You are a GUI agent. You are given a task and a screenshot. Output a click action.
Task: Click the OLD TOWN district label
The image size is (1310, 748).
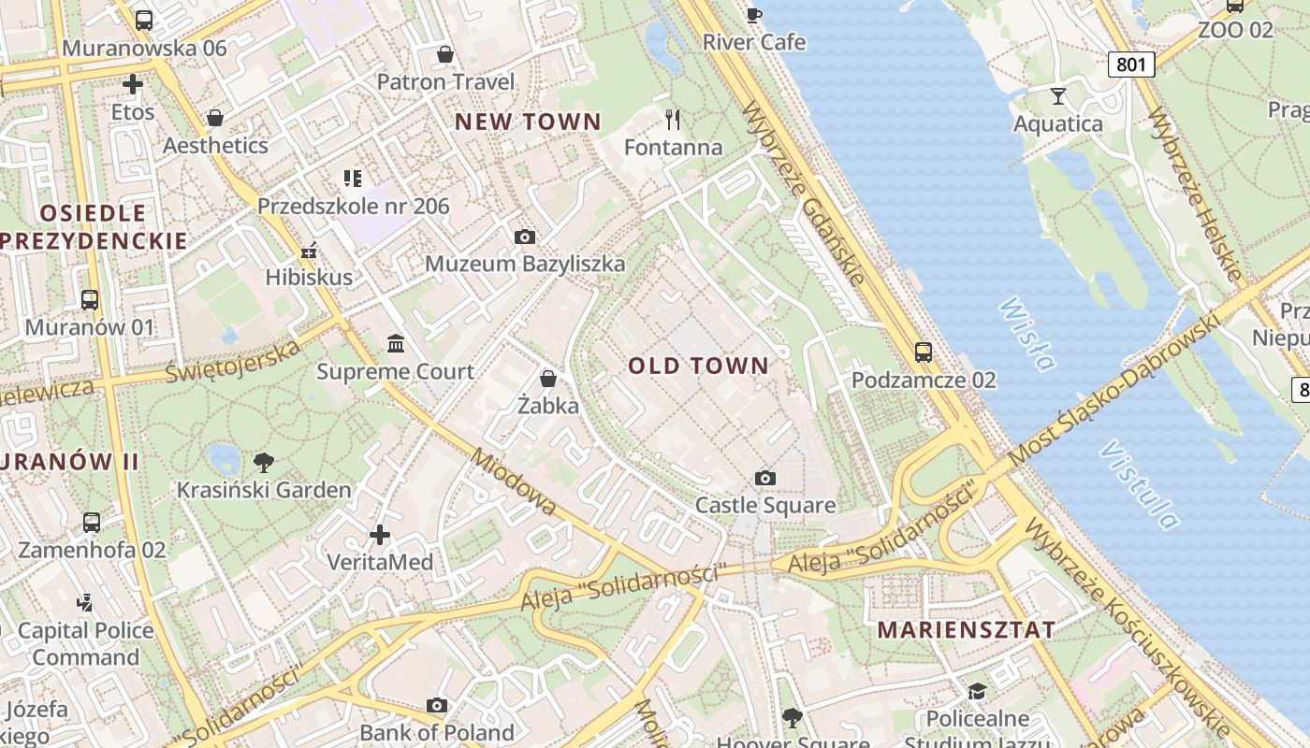coord(698,366)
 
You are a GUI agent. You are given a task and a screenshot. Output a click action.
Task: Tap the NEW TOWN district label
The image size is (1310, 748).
coord(528,122)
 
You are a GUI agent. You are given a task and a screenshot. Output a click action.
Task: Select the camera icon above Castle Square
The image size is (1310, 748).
coord(765,479)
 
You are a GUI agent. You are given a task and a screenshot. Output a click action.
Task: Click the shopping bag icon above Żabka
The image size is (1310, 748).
coord(548,379)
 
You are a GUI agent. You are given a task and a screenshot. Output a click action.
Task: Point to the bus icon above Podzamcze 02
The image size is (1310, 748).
coord(924,352)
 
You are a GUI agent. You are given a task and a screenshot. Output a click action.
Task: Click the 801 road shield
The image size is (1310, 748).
coord(1131,65)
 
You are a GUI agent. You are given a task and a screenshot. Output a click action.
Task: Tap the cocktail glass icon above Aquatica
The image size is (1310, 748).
coord(1058,95)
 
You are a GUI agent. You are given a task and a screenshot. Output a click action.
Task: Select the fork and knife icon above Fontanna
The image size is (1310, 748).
coord(673,119)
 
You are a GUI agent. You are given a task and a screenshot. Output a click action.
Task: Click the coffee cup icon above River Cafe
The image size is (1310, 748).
coord(754,14)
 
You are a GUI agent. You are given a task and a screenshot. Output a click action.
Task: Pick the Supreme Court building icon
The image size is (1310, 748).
coord(396,344)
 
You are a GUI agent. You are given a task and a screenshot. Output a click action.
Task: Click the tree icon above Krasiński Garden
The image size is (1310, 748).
coord(264,461)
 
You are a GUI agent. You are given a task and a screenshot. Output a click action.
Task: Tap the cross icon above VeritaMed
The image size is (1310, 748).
coord(380,535)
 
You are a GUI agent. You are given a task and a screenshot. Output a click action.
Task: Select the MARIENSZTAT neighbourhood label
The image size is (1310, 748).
coord(967,630)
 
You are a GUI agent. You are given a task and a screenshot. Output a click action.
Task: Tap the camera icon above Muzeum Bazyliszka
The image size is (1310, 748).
coord(525,237)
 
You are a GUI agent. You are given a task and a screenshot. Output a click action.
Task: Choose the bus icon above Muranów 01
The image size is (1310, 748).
coord(90,300)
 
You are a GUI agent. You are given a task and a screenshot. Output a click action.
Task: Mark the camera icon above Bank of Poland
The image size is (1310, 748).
coord(437,706)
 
